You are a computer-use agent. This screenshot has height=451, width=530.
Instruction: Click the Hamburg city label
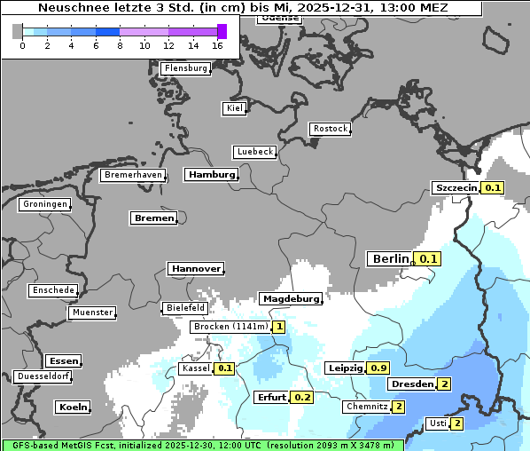coord(211,175)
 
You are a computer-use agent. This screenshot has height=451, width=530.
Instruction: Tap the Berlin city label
coord(390,258)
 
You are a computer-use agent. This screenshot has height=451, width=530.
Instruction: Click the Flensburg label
coord(186,68)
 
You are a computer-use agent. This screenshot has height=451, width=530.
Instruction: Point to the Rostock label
coord(331,129)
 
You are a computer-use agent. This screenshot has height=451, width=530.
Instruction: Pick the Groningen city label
coord(44,204)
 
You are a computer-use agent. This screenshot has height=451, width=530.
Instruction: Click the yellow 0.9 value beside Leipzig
coord(379,368)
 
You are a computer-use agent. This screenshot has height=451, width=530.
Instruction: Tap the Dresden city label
coord(411,384)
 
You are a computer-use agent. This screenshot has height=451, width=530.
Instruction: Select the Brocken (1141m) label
coord(230,327)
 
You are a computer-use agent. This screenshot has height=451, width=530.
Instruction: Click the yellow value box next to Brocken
coord(279,327)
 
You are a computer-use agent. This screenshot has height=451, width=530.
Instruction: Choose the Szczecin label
coord(456,187)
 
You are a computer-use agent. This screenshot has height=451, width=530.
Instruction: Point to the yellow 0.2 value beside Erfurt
coord(302,397)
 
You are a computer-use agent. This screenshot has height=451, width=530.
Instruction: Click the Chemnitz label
coord(366,407)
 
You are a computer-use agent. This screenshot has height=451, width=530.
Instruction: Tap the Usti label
coord(437,423)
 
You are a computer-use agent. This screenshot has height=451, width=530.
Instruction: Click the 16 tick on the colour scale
coord(217,45)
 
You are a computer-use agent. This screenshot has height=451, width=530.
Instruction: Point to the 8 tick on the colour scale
coord(120,45)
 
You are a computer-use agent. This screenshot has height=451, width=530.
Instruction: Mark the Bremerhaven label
coord(133,175)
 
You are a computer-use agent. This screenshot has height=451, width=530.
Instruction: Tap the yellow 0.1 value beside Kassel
coord(225,368)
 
